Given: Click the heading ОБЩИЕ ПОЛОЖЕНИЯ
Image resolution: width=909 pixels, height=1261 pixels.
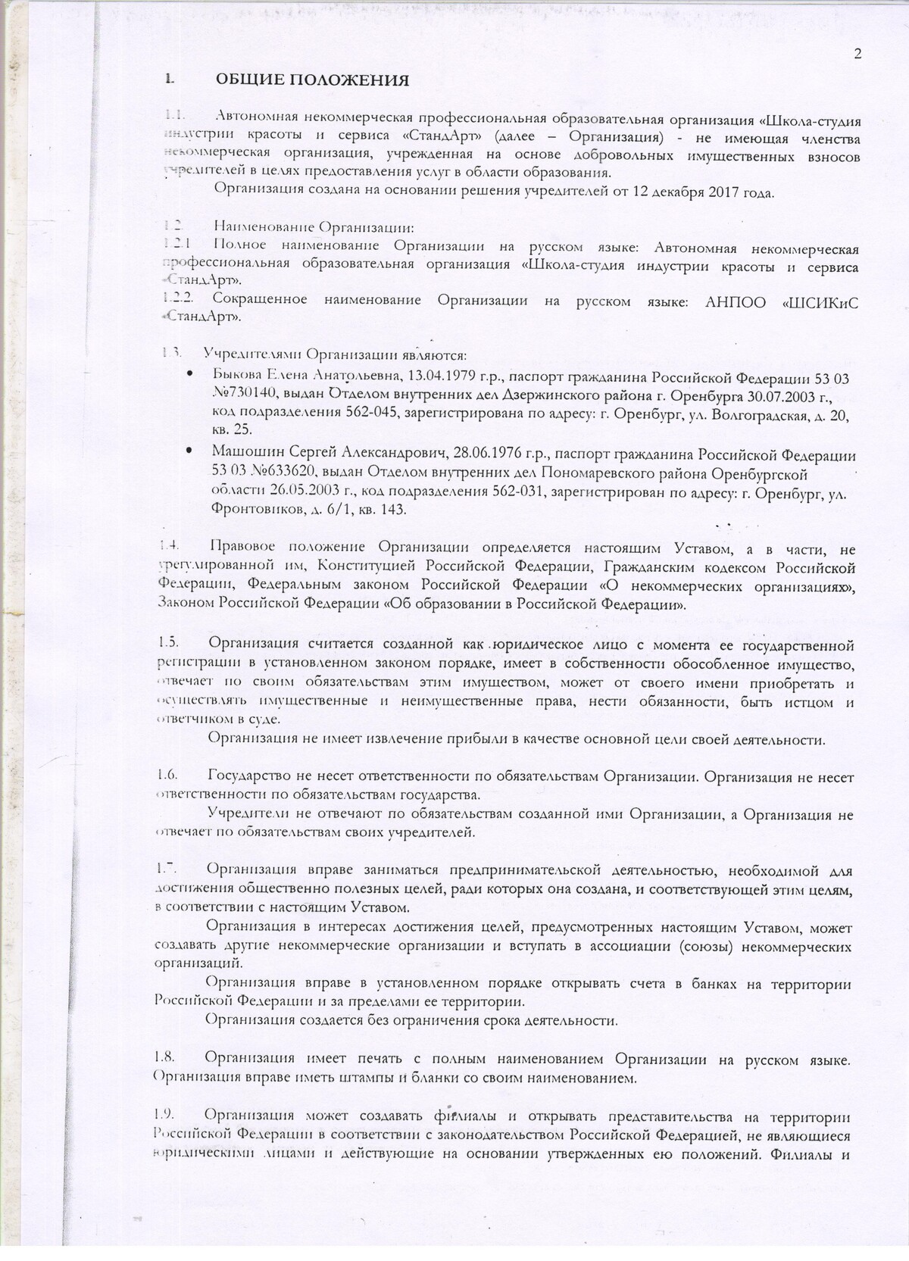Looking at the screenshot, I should (313, 80).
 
